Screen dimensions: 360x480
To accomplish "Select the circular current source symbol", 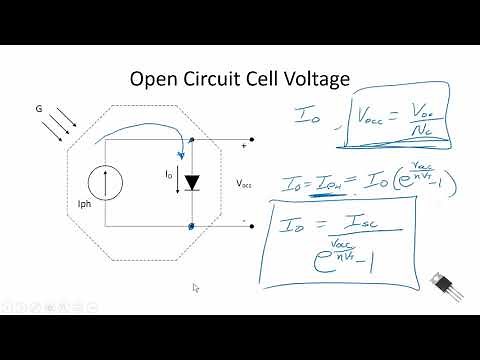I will [x=105, y=183].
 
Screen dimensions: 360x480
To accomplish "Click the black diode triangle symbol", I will [x=192, y=184].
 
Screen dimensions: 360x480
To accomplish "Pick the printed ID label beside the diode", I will [x=168, y=174].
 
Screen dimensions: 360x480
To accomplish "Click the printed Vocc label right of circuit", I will [x=245, y=184].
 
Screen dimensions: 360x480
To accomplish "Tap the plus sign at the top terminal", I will [x=242, y=146].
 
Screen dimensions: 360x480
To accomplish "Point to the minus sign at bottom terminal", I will [x=242, y=219].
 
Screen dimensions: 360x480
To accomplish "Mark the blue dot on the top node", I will [x=191, y=140].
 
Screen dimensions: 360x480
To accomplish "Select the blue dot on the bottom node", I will [x=191, y=226].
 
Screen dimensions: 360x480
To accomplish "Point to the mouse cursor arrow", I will [x=196, y=288].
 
